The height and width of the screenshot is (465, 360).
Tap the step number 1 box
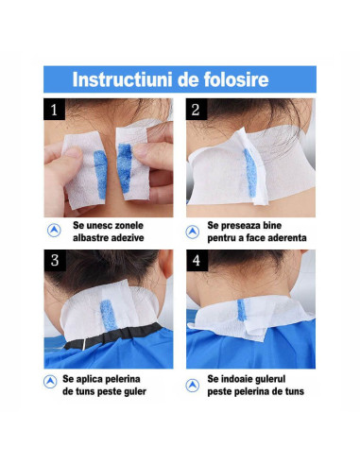point(54,110)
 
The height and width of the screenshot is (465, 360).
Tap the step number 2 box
point(196,110)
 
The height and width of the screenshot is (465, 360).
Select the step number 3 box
point(54,261)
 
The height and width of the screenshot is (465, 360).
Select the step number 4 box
point(196,261)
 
